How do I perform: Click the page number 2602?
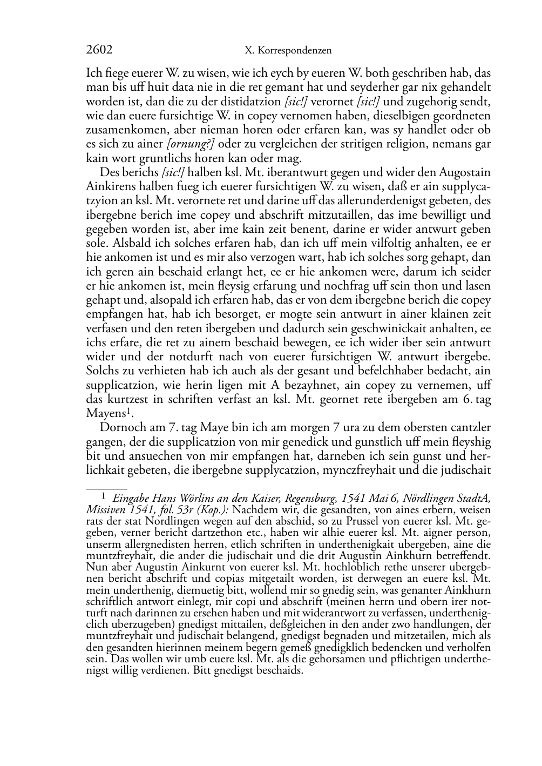click(x=99, y=50)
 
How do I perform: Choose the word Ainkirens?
click(x=111, y=187)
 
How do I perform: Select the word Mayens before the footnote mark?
click(x=105, y=413)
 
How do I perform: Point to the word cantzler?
click(x=468, y=428)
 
